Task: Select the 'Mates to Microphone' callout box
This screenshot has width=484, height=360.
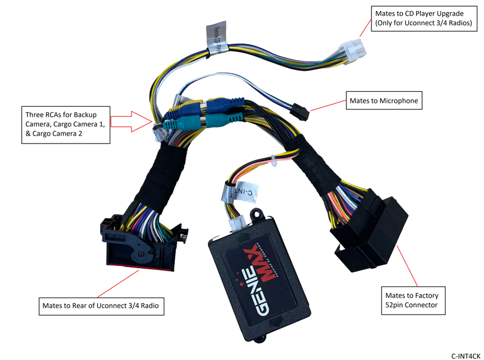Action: [383, 101]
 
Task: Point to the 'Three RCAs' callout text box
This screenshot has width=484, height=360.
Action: [65, 125]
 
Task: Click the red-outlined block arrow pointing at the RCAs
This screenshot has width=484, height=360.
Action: [131, 121]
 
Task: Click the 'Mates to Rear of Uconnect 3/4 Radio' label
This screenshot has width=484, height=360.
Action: [103, 305]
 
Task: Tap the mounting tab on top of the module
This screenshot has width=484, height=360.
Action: [257, 214]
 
